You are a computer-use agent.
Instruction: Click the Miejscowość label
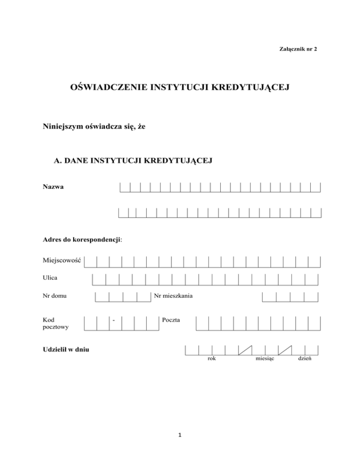pos(61,260)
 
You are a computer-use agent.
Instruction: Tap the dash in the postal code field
pos(114,321)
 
